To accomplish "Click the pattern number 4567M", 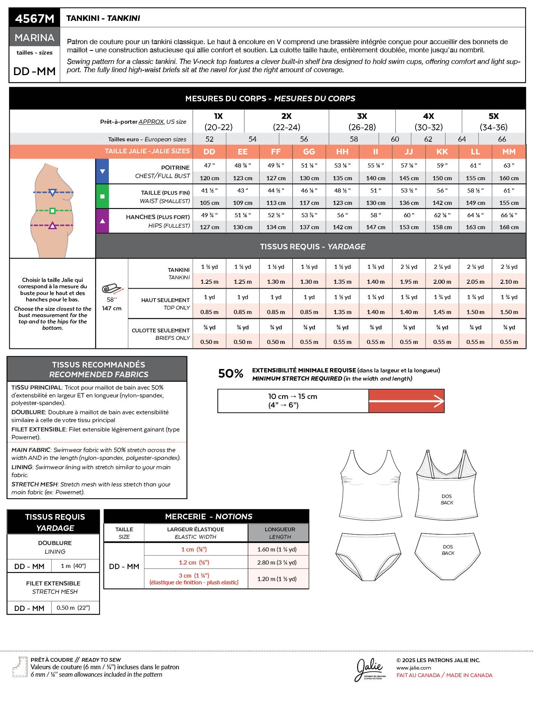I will (34, 18).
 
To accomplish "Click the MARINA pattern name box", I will (34, 37).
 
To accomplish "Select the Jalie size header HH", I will (342, 151).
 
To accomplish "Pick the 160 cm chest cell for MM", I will (509, 178).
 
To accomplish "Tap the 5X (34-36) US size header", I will (493, 122).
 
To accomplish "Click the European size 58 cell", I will (353, 139).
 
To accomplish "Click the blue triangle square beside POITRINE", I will (102, 171).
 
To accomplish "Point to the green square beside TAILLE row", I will (102, 196).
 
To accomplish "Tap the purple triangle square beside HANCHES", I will (102, 221).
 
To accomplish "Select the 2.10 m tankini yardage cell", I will (509, 282).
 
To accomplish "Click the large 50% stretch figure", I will (230, 373).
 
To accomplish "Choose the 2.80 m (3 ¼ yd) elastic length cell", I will (277, 562).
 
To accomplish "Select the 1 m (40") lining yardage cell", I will (73, 566).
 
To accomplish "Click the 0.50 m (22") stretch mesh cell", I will (73, 608).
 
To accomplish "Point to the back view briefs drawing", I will (447, 556).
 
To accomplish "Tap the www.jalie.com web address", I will (414, 668).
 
